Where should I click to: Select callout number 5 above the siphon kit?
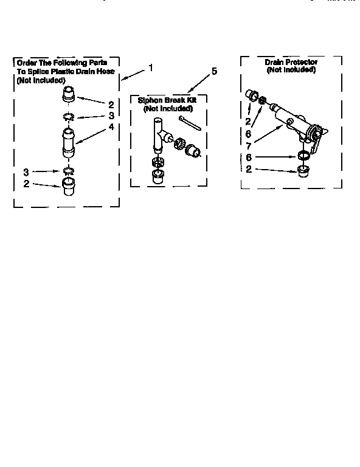(x=213, y=72)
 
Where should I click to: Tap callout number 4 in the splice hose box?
(x=111, y=126)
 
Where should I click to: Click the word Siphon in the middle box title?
(x=150, y=100)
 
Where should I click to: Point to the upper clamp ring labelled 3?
(x=67, y=116)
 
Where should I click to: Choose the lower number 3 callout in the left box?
(x=26, y=171)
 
